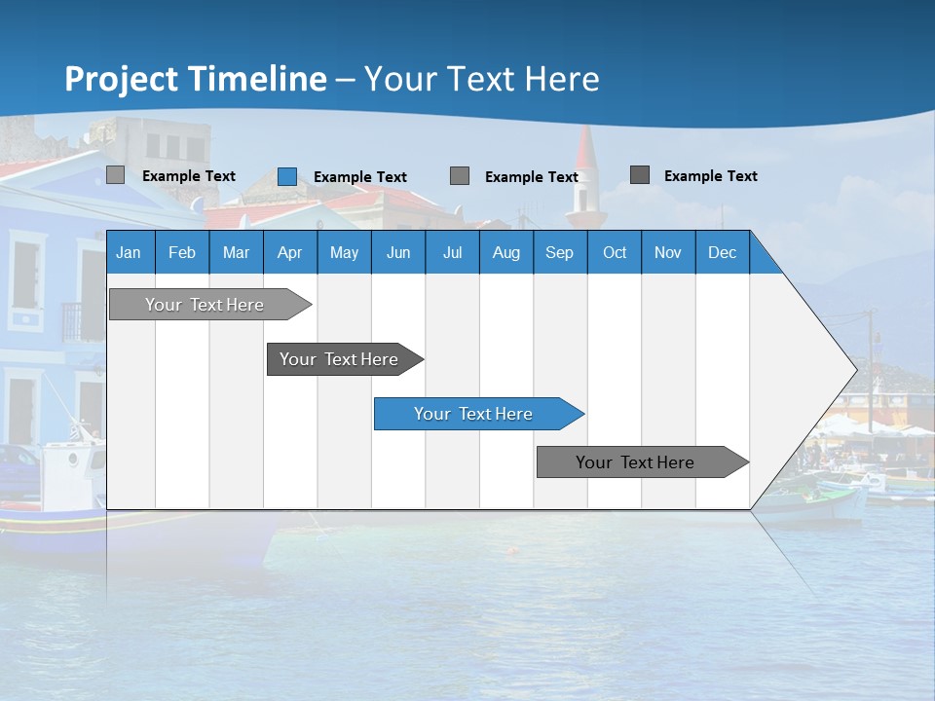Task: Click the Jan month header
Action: click(129, 252)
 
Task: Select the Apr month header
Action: click(289, 252)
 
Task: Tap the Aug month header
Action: click(505, 252)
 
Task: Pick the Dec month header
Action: click(722, 252)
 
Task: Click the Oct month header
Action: click(615, 252)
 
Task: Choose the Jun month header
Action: click(397, 252)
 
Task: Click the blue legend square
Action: click(286, 176)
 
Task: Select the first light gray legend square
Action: click(115, 175)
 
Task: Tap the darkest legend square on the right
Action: click(640, 175)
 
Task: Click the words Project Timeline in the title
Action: click(195, 79)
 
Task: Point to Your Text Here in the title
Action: click(481, 79)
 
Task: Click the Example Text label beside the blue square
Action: click(359, 177)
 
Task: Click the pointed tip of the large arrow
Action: click(854, 369)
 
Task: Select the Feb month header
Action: click(182, 252)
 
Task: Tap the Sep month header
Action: click(559, 252)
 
